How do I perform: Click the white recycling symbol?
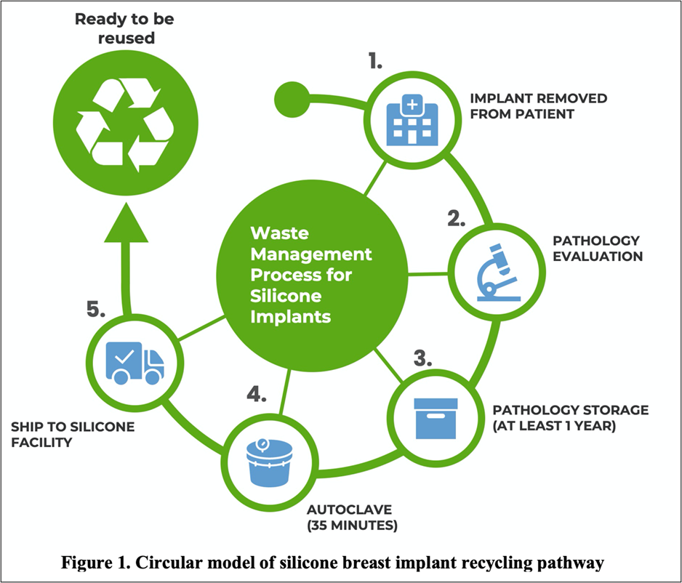[126, 126]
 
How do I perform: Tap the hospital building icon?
[413, 119]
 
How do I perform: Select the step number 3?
[425, 358]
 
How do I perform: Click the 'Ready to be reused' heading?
[126, 28]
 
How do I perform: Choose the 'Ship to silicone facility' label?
[73, 434]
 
